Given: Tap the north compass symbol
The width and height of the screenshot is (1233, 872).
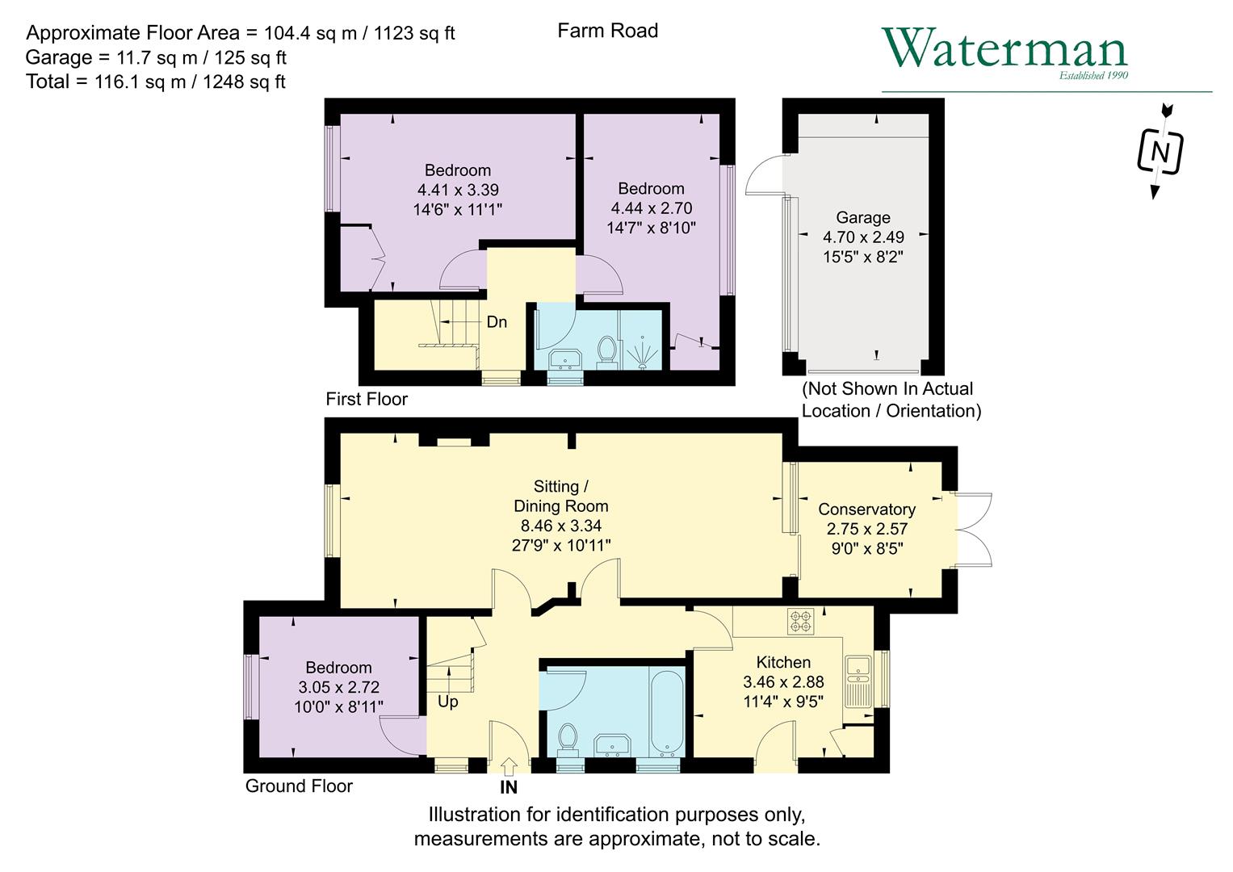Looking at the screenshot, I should (1160, 151).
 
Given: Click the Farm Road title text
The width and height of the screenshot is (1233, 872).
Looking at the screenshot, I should (607, 31).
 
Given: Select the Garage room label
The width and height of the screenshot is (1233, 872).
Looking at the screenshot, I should (862, 217).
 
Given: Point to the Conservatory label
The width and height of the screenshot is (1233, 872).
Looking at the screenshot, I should (866, 509).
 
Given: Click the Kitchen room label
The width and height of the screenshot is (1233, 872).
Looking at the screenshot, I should (782, 662).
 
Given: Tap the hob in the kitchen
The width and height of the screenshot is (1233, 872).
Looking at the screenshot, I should (800, 621).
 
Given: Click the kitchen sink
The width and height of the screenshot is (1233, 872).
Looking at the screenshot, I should (857, 667).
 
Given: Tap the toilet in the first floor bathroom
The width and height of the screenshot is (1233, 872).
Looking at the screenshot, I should (607, 351).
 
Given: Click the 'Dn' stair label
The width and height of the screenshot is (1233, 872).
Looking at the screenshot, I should (497, 322).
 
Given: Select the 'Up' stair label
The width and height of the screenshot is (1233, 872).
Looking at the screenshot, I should (447, 702).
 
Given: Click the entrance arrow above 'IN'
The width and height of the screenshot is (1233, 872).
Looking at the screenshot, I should (509, 765).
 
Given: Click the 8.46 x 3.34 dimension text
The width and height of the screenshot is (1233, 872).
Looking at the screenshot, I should (560, 526).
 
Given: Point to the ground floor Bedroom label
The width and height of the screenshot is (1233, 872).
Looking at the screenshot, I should (338, 668).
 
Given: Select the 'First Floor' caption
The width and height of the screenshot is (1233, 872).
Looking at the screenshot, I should (367, 399).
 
